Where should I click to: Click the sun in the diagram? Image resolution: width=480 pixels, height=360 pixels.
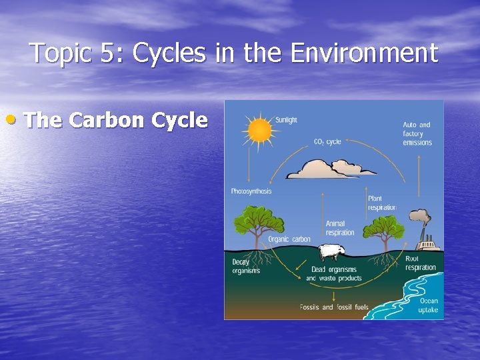click(x=259, y=130)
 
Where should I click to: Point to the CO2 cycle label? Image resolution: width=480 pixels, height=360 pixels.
click(x=327, y=141)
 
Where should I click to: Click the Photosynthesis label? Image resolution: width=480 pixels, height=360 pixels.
click(x=251, y=191)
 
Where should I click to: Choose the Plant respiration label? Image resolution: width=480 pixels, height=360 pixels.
click(x=381, y=203)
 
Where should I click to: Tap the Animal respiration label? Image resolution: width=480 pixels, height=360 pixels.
click(x=340, y=228)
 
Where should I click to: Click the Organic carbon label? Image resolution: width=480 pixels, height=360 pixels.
click(x=289, y=239)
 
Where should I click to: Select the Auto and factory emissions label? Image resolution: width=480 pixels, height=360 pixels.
click(x=417, y=133)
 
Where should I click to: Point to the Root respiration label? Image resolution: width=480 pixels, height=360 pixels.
click(x=420, y=263)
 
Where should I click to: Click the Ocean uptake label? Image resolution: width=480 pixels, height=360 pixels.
click(x=428, y=305)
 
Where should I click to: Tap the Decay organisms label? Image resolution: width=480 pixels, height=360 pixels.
click(x=246, y=267)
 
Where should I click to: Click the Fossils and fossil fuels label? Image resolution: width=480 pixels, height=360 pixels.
click(x=333, y=307)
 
